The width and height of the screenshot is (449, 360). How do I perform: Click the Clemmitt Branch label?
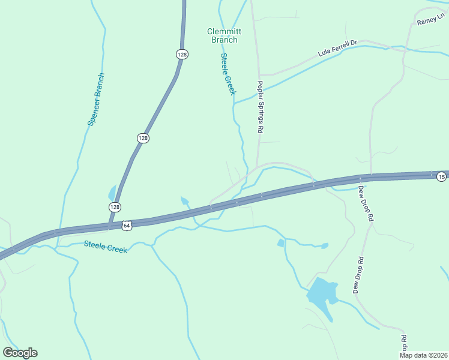click(x=222, y=35)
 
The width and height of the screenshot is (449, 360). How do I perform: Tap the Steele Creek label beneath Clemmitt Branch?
click(x=228, y=74)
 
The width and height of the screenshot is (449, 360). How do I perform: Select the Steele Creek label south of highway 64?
click(x=106, y=247)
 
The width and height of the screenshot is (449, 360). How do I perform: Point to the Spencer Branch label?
click(x=96, y=99)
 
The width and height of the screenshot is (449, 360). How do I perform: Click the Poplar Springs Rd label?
click(x=261, y=107)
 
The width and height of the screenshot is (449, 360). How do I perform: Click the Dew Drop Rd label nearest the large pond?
click(x=359, y=275)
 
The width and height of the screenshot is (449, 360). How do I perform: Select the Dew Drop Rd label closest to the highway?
click(x=366, y=205)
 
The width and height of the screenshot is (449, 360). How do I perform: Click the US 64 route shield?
click(x=126, y=226)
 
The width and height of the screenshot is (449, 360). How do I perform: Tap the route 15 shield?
click(x=441, y=176)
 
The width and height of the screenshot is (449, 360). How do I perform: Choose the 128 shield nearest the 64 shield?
click(x=115, y=206)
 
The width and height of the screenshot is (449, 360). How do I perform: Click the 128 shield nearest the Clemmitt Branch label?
click(x=182, y=54)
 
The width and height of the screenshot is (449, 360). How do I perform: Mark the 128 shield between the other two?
click(x=142, y=138)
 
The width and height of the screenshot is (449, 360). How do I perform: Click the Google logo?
click(x=20, y=353)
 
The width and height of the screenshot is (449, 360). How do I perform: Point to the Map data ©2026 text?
click(x=423, y=355)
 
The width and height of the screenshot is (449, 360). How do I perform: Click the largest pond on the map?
click(x=321, y=295)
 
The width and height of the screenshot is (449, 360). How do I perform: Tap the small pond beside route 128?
click(x=112, y=193)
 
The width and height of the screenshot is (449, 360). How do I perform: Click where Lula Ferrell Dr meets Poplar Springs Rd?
click(x=259, y=74)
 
